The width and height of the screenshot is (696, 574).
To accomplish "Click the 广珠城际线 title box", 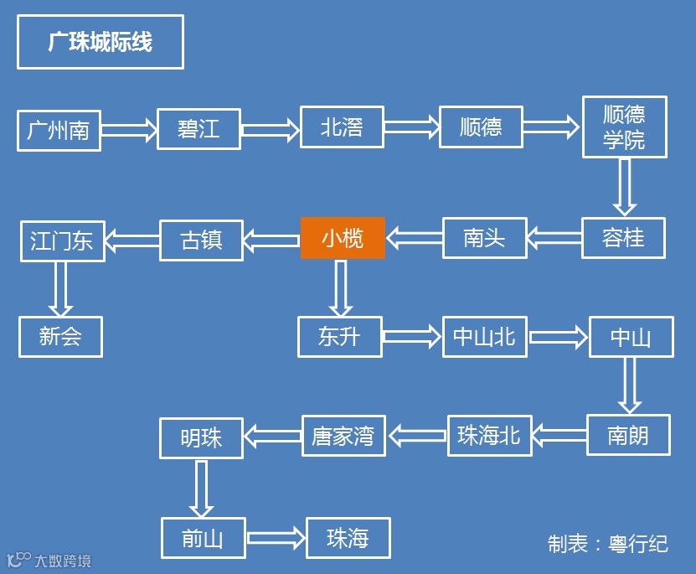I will (x=100, y=42).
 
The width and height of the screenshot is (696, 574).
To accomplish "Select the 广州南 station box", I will (x=59, y=130).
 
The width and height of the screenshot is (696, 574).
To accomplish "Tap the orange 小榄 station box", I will (x=343, y=238).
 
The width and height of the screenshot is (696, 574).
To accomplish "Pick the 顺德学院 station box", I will (x=624, y=127).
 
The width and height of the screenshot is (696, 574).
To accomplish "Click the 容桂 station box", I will (x=623, y=238).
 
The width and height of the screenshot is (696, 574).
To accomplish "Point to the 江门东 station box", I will (x=62, y=240).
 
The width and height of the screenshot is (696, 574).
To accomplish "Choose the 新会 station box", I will (x=60, y=337).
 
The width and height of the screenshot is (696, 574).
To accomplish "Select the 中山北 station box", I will (x=484, y=337).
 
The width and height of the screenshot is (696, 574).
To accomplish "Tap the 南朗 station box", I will (x=628, y=436).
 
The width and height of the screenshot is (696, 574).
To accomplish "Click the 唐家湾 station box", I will (x=343, y=436).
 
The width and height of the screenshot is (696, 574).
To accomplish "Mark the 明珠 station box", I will (x=201, y=437).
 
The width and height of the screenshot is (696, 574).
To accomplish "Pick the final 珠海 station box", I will (x=348, y=538).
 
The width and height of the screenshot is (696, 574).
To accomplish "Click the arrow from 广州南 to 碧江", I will (x=129, y=130).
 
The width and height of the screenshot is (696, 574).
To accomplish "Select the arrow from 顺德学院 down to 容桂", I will (x=624, y=186).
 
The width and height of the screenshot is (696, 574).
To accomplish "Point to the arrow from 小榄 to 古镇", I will (x=271, y=240).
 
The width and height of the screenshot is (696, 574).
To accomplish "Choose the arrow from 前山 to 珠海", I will (x=276, y=538).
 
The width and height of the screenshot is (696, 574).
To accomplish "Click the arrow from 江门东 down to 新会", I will (x=60, y=288).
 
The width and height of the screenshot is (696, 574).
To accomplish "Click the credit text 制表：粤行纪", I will (x=607, y=544).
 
